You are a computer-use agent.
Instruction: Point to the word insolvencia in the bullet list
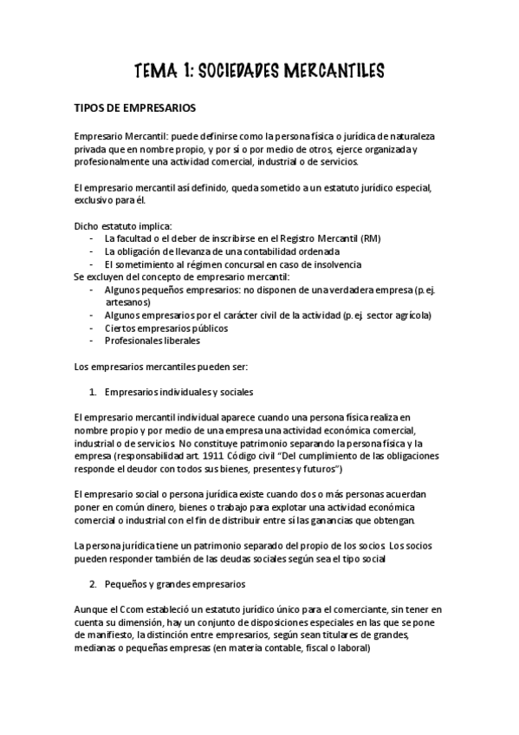click(329, 264)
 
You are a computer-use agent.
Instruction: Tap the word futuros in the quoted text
click(324, 469)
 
